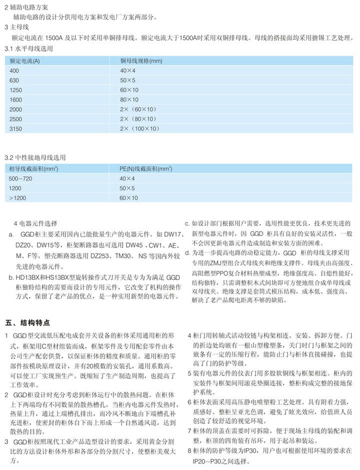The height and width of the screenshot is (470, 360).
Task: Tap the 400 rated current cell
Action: (14, 70)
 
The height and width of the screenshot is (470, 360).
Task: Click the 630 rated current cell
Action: (14, 80)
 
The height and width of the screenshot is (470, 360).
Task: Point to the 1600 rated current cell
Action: (16, 99)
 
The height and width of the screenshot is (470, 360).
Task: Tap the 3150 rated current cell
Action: (16, 128)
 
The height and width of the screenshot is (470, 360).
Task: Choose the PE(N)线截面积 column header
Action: (145, 169)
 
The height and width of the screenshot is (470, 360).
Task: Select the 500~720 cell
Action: (20, 178)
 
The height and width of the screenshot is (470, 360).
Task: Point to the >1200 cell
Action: (18, 198)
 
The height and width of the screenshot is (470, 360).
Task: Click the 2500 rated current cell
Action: (16, 119)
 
